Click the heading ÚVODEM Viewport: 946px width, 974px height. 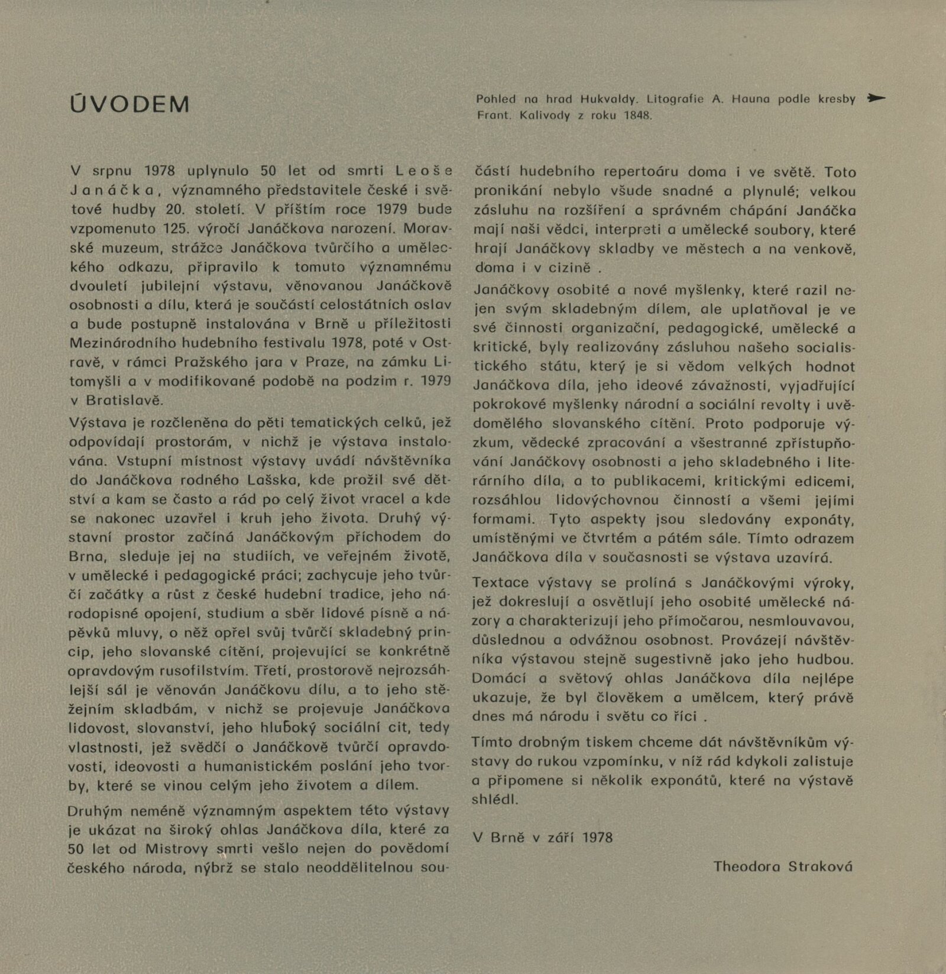click(129, 105)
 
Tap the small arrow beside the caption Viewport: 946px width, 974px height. click(876, 99)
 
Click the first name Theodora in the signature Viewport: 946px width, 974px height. click(746, 866)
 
